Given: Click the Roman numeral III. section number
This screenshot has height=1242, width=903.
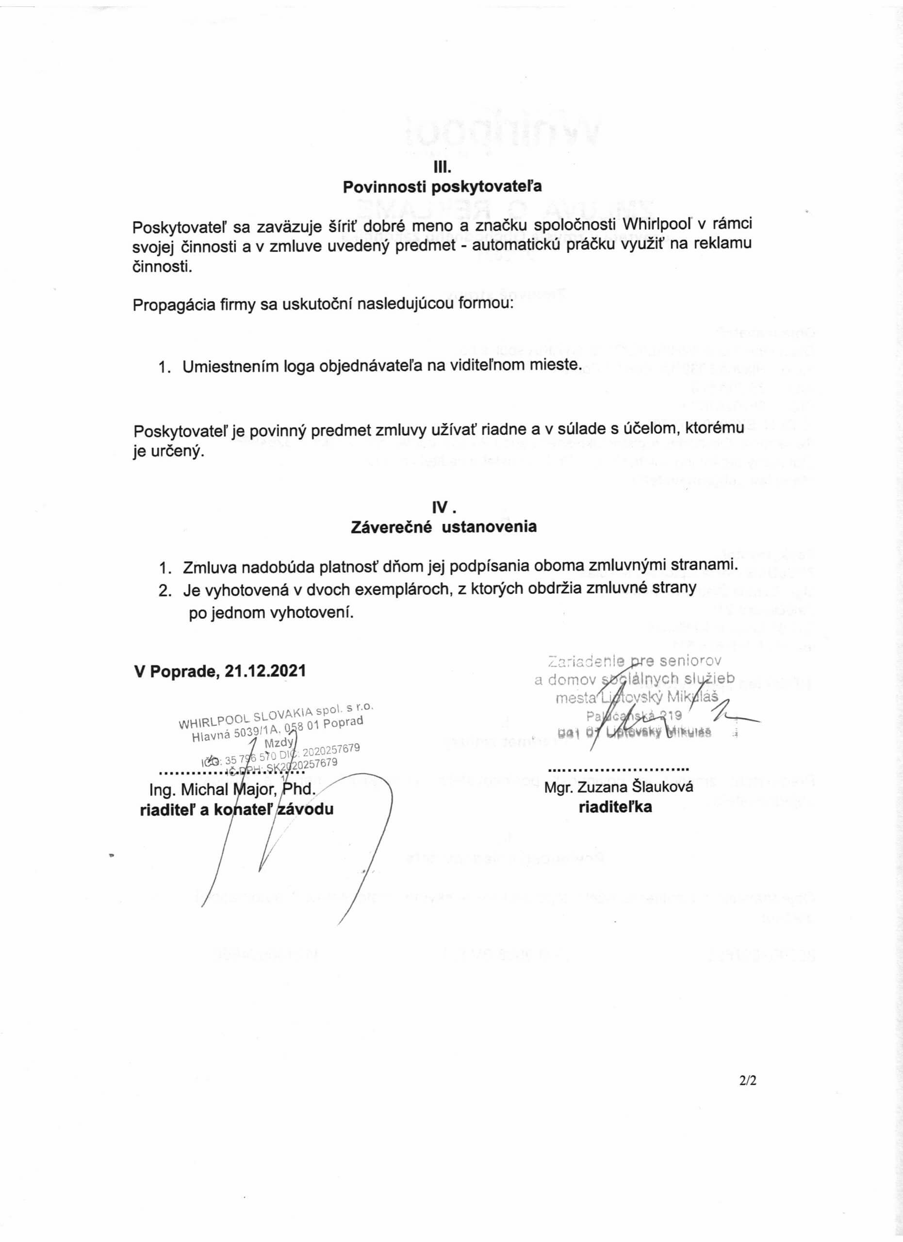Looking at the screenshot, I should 442,165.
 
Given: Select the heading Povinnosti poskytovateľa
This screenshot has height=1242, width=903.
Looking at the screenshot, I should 442,187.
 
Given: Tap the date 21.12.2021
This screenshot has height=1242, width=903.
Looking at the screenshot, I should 265,671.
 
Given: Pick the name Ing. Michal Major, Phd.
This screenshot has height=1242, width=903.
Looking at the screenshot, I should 233,789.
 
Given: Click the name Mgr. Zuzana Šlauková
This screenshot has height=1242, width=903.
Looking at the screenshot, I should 618,787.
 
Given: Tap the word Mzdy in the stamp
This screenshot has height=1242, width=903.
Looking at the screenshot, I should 279,743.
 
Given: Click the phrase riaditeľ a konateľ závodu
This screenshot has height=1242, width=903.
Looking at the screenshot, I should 237,809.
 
